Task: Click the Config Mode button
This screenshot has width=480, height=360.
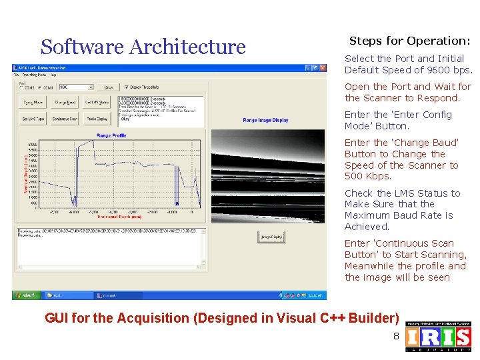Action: (x=33, y=103)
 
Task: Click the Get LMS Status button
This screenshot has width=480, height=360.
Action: (x=97, y=103)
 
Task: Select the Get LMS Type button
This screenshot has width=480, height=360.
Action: (x=33, y=119)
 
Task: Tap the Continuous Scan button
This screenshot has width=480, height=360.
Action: (x=65, y=119)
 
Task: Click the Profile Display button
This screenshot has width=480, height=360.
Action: (x=97, y=119)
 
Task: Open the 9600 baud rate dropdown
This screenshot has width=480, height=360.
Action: (x=77, y=87)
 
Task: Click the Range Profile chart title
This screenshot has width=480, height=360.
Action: (x=111, y=135)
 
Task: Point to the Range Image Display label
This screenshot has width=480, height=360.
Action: (x=265, y=121)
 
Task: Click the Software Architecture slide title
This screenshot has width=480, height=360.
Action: (x=143, y=47)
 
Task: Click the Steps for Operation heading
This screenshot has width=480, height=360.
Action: (x=409, y=41)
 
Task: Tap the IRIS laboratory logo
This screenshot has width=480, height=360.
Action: (x=438, y=336)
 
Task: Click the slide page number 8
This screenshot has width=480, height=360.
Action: (x=396, y=336)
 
